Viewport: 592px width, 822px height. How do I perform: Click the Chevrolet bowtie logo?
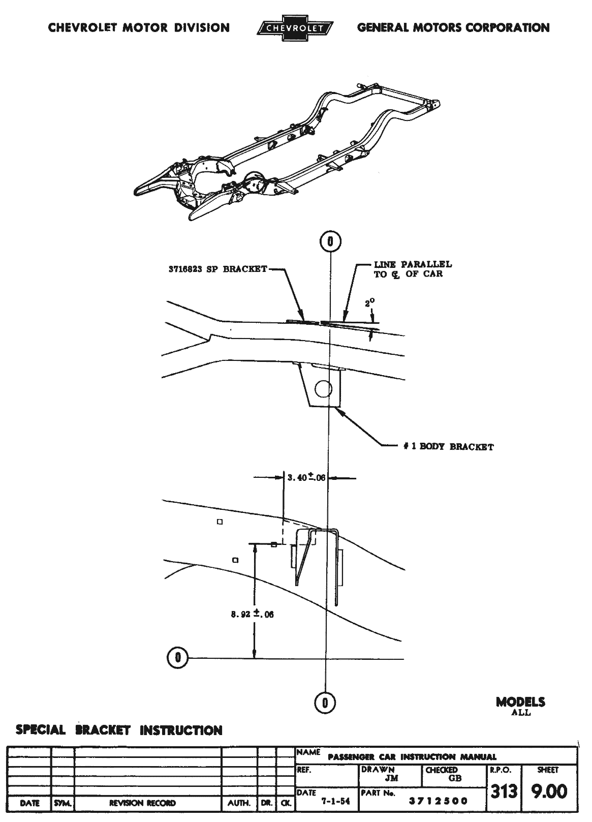[x=294, y=28]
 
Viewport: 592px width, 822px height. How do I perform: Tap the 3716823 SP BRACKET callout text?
[x=217, y=269]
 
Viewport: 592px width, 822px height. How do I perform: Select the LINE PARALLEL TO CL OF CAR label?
[x=413, y=269]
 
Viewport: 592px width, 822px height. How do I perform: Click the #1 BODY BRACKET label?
[x=445, y=447]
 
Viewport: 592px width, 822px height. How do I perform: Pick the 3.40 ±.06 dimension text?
[x=306, y=478]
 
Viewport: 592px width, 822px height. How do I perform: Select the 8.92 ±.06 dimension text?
[x=253, y=614]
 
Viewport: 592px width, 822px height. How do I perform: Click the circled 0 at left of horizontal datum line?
[x=177, y=658]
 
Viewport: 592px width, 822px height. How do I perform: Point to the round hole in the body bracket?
[x=322, y=389]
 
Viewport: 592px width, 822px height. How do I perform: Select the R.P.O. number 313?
[x=504, y=791]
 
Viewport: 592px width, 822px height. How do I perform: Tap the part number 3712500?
[x=439, y=801]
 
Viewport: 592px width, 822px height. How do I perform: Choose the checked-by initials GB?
[x=455, y=778]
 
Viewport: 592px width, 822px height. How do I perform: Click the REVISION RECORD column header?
[x=142, y=803]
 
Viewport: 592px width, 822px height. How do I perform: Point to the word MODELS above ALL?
[x=521, y=703]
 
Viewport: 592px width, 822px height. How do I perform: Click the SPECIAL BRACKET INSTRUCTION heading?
[x=119, y=730]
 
